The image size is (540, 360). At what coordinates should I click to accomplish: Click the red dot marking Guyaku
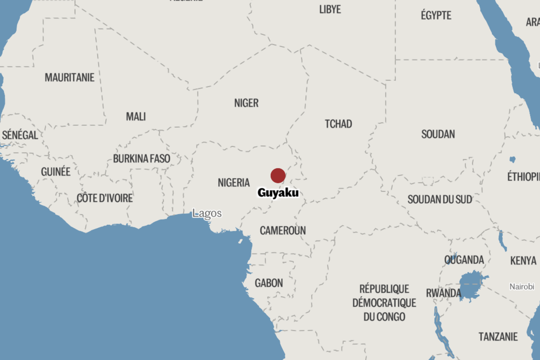point(278,175)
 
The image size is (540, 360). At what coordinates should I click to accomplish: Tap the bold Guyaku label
point(278,193)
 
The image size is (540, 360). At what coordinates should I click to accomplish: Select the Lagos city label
point(207,213)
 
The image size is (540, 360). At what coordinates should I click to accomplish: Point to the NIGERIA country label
point(234,183)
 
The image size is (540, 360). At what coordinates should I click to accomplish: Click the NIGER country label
point(246,103)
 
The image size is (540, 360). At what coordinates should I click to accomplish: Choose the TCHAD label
point(338,124)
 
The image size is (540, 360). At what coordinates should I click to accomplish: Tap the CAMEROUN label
point(283,230)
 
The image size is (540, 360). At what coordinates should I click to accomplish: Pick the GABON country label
point(269,283)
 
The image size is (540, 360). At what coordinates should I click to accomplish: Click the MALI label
point(136,117)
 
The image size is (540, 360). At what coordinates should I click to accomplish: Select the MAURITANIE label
point(70,78)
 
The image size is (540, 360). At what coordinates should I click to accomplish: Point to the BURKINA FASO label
point(142,159)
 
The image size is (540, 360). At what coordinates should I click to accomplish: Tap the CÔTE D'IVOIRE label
point(105,198)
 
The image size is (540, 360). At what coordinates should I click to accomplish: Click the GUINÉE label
point(56,172)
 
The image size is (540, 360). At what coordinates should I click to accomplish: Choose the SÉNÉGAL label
point(20,135)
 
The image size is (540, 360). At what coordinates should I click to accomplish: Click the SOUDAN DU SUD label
point(440,199)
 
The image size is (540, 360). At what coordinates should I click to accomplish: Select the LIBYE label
point(330,9)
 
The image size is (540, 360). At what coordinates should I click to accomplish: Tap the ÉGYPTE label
point(436,15)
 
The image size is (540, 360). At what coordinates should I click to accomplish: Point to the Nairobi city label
point(522,286)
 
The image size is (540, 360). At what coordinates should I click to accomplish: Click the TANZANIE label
point(498,337)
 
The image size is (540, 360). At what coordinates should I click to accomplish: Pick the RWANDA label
point(444,293)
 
